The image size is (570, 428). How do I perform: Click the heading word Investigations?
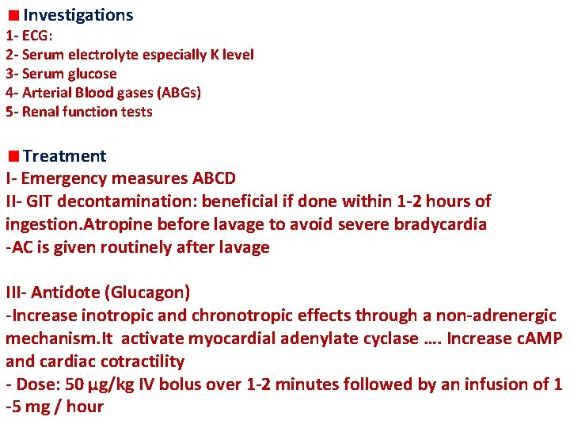78,15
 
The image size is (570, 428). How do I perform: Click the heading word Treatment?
64,156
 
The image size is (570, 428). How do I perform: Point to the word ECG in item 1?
35,36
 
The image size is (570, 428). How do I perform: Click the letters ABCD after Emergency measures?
214,178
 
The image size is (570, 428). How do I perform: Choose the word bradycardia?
439,224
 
